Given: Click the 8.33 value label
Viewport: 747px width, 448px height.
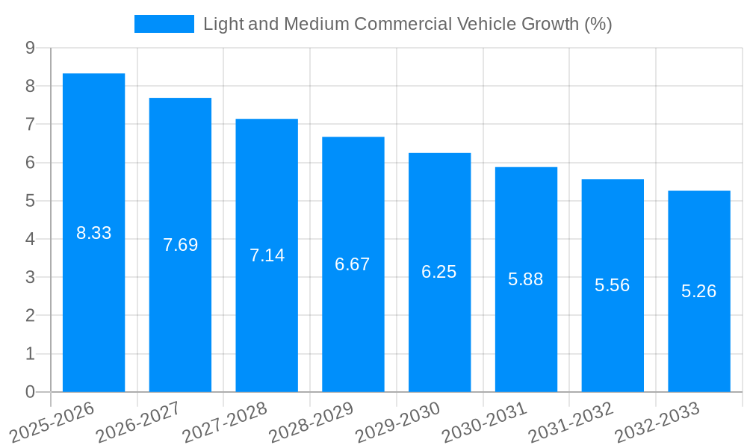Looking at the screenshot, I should point(93,233).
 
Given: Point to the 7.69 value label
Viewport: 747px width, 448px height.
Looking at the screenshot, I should point(180,245).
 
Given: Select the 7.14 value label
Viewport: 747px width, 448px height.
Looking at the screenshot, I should point(267,255).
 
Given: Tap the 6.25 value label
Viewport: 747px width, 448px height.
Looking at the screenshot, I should point(439,272).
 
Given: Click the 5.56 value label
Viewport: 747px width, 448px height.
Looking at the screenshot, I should point(613,285).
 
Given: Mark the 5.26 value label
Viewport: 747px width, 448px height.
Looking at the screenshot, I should point(698,291).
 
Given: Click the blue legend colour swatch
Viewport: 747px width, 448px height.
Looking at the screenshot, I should point(164,24).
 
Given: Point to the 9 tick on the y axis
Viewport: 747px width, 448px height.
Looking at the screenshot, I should point(30,48).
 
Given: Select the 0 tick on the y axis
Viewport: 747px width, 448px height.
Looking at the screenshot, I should point(30,391).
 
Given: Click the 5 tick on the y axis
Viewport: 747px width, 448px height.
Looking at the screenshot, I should point(30,201).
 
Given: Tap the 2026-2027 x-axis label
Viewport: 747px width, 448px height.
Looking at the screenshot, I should point(138,422).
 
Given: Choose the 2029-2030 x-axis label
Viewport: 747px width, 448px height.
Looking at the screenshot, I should point(397,422).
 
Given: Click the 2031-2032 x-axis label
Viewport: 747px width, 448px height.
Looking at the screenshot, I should point(571,422).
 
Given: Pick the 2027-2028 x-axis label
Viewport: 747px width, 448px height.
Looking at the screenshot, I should point(224,422).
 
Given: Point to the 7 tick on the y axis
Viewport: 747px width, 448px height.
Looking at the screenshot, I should point(30,124).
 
